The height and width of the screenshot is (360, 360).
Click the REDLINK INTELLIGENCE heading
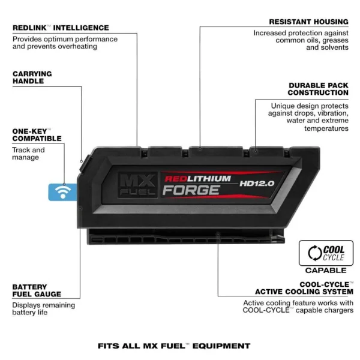[61, 28]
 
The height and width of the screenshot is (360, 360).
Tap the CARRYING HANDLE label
[32, 77]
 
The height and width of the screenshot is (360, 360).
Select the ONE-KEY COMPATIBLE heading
[37, 135]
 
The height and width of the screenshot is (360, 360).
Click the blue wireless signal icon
[62, 193]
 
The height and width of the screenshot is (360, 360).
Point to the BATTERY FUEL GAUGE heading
[37, 290]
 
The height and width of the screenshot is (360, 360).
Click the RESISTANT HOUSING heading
[308, 22]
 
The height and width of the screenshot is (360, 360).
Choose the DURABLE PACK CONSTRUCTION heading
[318, 89]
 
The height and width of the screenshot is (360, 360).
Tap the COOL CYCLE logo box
[326, 253]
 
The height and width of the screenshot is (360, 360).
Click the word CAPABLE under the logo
[326, 271]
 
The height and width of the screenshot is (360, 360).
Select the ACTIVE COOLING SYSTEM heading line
[304, 292]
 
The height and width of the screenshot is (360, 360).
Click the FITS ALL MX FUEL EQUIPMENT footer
[174, 346]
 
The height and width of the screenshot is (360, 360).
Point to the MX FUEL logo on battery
[137, 185]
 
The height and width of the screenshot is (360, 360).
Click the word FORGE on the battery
[191, 190]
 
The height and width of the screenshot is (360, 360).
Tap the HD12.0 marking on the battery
[257, 184]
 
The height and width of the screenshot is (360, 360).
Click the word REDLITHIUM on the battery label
[197, 179]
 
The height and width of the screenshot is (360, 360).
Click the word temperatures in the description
[326, 128]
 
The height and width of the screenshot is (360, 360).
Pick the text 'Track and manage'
[28, 154]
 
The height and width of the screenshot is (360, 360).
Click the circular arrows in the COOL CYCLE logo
[315, 253]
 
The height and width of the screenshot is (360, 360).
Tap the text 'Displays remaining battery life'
[44, 309]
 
